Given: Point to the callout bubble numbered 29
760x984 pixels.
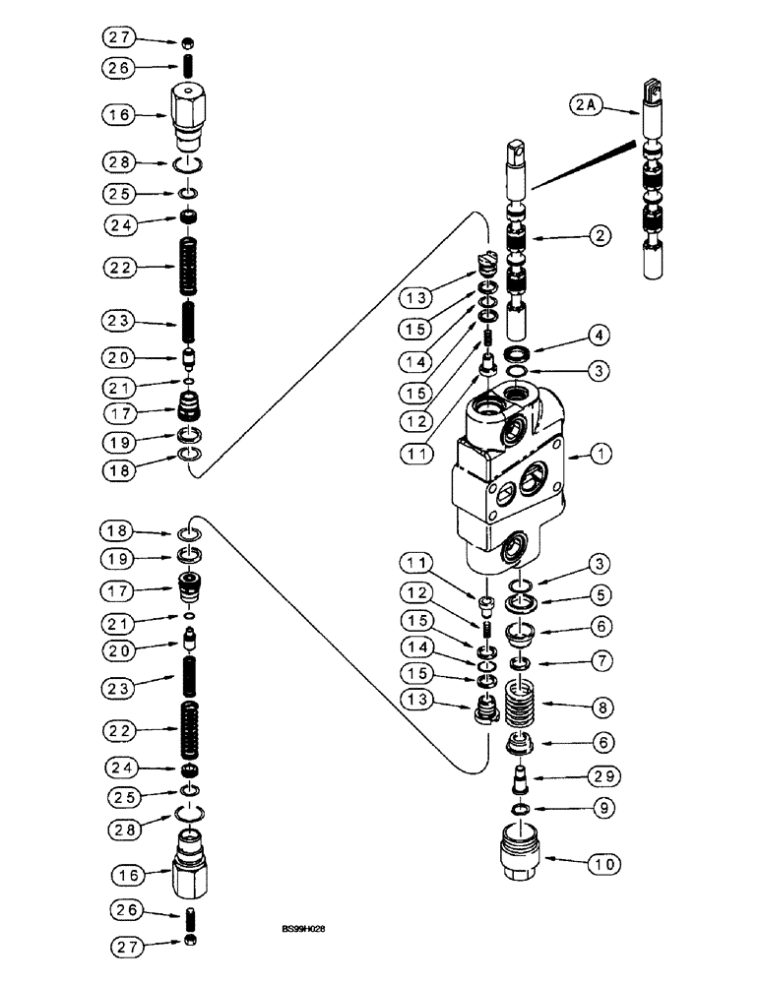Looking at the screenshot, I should click(x=605, y=776).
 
